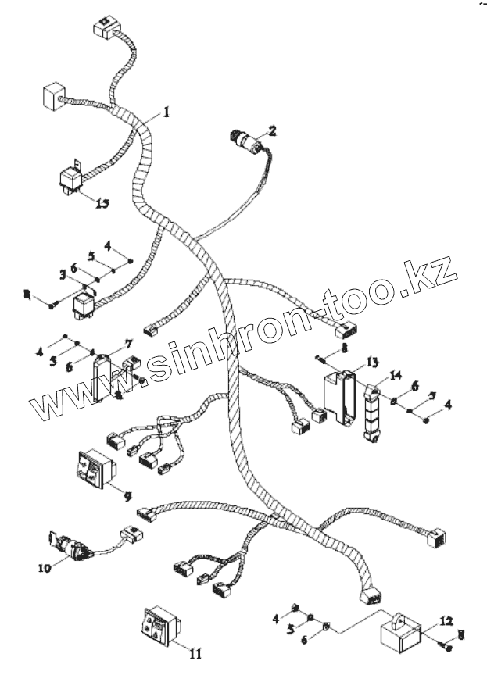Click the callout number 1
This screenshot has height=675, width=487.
tap(166, 112)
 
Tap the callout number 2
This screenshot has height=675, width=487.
tap(272, 130)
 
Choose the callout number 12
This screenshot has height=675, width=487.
tap(445, 621)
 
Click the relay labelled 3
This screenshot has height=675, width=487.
tap(84, 304)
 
